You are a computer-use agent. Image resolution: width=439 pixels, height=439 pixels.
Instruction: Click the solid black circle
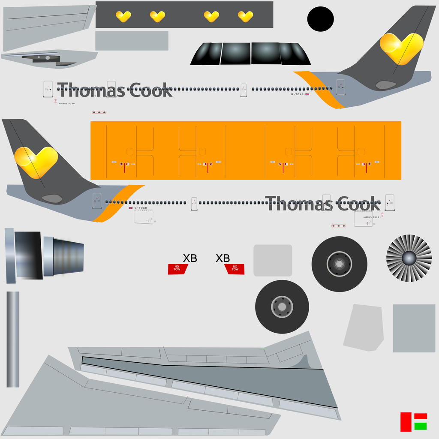pos(320,19)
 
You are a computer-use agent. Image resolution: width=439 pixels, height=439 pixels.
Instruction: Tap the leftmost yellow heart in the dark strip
pos(123,16)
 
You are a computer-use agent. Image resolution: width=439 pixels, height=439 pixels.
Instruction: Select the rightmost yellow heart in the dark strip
pos(245,16)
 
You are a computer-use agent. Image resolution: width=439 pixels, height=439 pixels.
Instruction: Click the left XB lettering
pos(190,258)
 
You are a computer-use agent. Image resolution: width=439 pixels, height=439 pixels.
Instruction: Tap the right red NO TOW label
pos(235,269)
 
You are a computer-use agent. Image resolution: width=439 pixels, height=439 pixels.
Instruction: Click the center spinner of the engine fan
pos(409,258)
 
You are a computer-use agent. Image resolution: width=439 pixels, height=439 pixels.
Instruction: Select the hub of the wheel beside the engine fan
pos(339,264)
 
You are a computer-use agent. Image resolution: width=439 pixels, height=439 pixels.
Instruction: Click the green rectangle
pos(421,426)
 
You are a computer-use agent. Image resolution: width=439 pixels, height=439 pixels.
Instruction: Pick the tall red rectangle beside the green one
pos(406,422)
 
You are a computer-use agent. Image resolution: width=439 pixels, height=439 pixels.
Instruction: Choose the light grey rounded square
pos(273,260)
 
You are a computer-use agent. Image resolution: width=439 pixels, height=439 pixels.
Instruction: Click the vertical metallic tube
pos(13,339)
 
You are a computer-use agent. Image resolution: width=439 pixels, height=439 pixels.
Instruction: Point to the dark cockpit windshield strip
pos(250,54)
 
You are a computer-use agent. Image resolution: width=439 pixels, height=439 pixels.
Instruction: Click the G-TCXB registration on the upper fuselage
pos(297,94)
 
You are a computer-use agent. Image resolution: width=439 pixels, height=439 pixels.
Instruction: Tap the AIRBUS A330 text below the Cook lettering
pos(371,217)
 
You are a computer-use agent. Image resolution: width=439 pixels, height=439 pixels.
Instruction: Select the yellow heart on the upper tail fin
pos(401,48)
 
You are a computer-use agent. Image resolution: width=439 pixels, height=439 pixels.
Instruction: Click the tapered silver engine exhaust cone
pos(64,256)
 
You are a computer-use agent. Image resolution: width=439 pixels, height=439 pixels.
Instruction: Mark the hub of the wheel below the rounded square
pos(282,307)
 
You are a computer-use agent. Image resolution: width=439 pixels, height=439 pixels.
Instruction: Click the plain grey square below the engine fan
pos(414,328)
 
